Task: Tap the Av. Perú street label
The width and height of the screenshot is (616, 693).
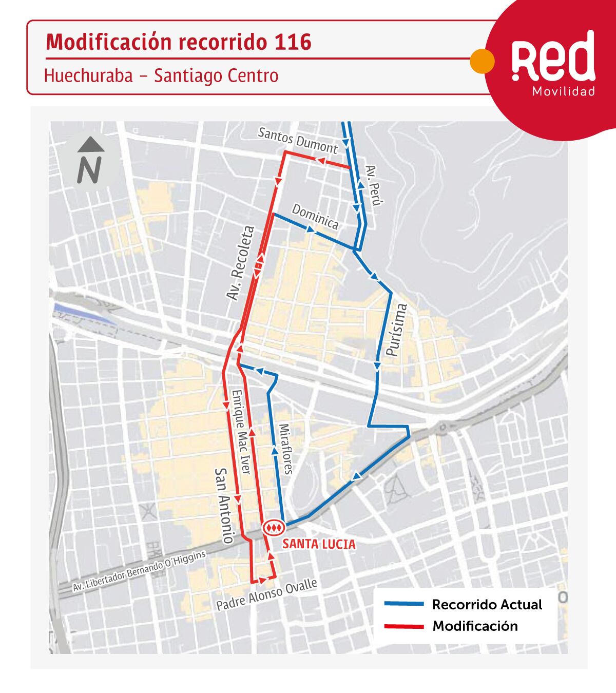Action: coord(373,186)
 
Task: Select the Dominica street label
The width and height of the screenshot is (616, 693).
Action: coord(315,217)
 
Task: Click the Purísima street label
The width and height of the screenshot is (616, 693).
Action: coord(396,330)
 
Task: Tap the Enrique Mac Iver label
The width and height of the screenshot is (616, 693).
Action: coord(241,432)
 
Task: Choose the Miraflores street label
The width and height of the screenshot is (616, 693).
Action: coord(285,449)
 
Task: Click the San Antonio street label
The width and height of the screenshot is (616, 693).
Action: coord(224,506)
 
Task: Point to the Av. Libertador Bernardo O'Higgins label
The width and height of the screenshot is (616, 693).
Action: coord(139,572)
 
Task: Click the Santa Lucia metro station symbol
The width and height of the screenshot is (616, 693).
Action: coord(273,527)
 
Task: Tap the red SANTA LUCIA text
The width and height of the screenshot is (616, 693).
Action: coord(319,544)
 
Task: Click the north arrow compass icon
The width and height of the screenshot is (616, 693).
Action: coord(90,161)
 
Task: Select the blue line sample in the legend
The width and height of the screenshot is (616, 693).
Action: coord(405,605)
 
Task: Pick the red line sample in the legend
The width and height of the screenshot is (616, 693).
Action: coord(405,626)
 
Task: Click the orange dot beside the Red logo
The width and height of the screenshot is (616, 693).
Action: coord(483,60)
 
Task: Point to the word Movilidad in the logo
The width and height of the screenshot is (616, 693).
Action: coord(564,92)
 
